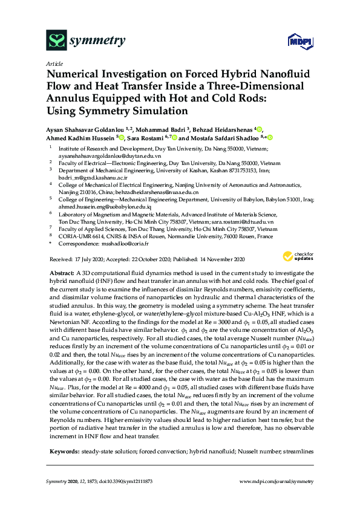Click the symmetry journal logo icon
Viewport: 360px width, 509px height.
pos(55,41)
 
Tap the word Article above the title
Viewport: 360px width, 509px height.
pos(53,63)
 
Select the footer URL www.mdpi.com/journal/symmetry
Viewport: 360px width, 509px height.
pos(277,481)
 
